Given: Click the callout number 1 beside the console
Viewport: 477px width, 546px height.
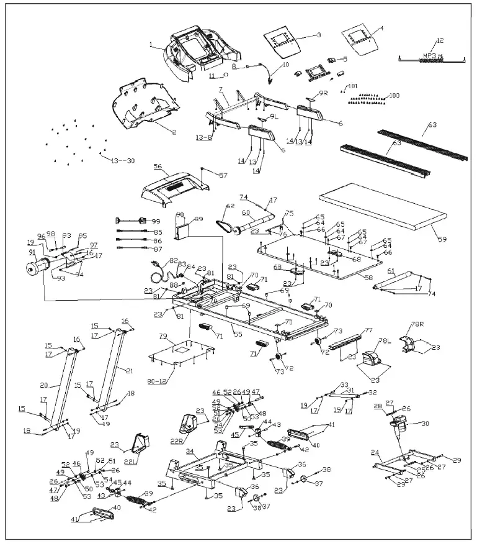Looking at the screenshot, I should tap(151, 44).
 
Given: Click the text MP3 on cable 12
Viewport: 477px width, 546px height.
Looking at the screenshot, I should tap(429, 55).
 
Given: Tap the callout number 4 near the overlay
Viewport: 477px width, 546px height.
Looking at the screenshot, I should tap(381, 28).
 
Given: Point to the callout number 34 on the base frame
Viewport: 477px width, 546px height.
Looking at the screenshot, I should tap(190, 451).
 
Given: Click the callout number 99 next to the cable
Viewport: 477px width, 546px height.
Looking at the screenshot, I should tap(156, 221).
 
